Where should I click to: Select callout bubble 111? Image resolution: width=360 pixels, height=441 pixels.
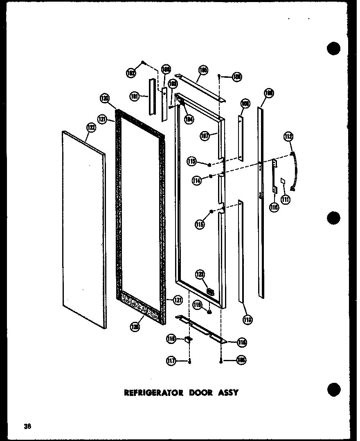click(286, 199)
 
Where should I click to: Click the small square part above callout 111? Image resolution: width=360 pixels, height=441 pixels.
click(282, 180)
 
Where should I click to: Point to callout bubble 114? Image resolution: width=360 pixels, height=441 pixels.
click(198, 181)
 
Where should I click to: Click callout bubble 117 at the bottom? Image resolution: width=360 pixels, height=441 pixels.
click(171, 361)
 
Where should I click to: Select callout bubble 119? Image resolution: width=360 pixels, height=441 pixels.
click(198, 304)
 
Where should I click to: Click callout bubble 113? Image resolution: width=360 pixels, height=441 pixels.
click(247, 320)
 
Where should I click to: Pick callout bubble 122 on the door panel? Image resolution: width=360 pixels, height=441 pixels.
click(90, 128)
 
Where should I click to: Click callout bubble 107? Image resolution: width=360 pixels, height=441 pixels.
click(205, 135)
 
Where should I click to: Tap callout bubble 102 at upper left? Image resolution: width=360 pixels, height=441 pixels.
click(131, 73)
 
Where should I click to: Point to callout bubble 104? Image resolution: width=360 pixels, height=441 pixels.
click(189, 120)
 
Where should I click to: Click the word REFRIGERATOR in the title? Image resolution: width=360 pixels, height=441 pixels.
click(153, 392)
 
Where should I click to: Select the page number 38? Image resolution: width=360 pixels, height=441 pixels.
click(27, 426)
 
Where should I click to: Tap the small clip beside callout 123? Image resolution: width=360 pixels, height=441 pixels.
click(211, 292)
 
